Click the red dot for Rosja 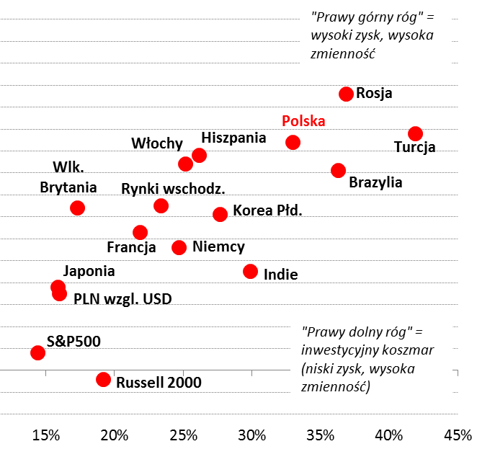click(346, 94)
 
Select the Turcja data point click(415, 133)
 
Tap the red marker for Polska click(293, 142)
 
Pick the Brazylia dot click(338, 170)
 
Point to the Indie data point click(250, 271)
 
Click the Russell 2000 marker click(103, 379)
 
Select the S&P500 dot click(37, 352)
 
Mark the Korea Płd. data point click(220, 214)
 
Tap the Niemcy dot click(179, 247)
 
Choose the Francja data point click(140, 232)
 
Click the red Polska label click(303, 121)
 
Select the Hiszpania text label click(233, 137)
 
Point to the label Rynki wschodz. click(173, 189)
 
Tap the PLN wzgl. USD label click(122, 298)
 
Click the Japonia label click(89, 272)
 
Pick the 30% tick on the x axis click(251, 435)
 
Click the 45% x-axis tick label click(458, 435)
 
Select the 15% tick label click(45, 435)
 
